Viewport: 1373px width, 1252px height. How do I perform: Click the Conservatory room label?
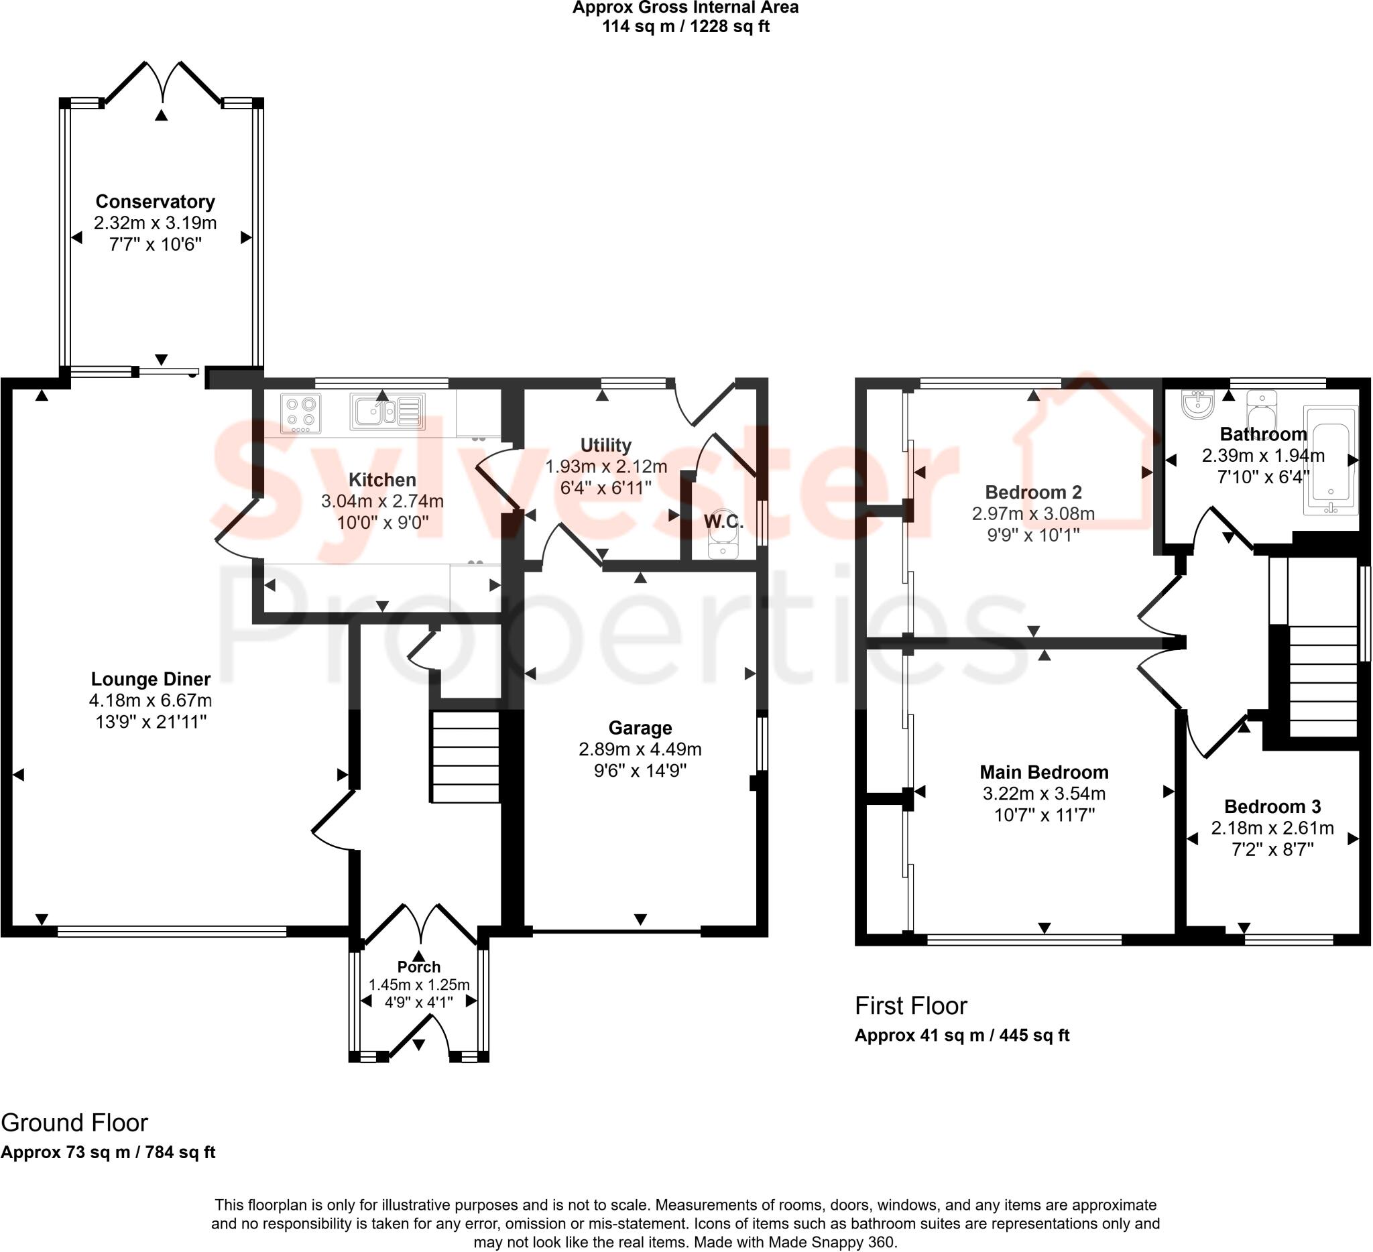[155, 202]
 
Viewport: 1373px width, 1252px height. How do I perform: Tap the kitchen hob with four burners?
[301, 414]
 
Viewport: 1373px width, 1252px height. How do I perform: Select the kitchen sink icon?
[387, 412]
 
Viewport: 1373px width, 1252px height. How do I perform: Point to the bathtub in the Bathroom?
[1330, 460]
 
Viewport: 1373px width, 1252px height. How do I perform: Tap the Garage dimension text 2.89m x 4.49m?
[640, 749]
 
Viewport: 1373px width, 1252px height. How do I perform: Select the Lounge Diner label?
[151, 679]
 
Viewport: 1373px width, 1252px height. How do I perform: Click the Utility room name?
[605, 445]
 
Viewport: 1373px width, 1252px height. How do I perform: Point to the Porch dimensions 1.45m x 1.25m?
[419, 985]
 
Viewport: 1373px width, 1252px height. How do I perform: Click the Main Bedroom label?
[1043, 772]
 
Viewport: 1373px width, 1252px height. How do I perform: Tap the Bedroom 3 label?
[1272, 807]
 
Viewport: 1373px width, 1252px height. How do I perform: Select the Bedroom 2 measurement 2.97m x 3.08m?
[1032, 513]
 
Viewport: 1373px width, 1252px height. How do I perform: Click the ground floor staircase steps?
[465, 757]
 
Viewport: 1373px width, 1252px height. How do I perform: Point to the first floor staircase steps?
[1323, 681]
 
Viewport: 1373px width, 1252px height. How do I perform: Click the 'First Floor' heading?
[910, 1005]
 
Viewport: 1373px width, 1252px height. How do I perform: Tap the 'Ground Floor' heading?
[74, 1123]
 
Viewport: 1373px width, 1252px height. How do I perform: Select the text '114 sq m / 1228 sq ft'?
[685, 27]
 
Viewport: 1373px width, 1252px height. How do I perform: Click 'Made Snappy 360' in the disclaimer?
[831, 1243]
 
